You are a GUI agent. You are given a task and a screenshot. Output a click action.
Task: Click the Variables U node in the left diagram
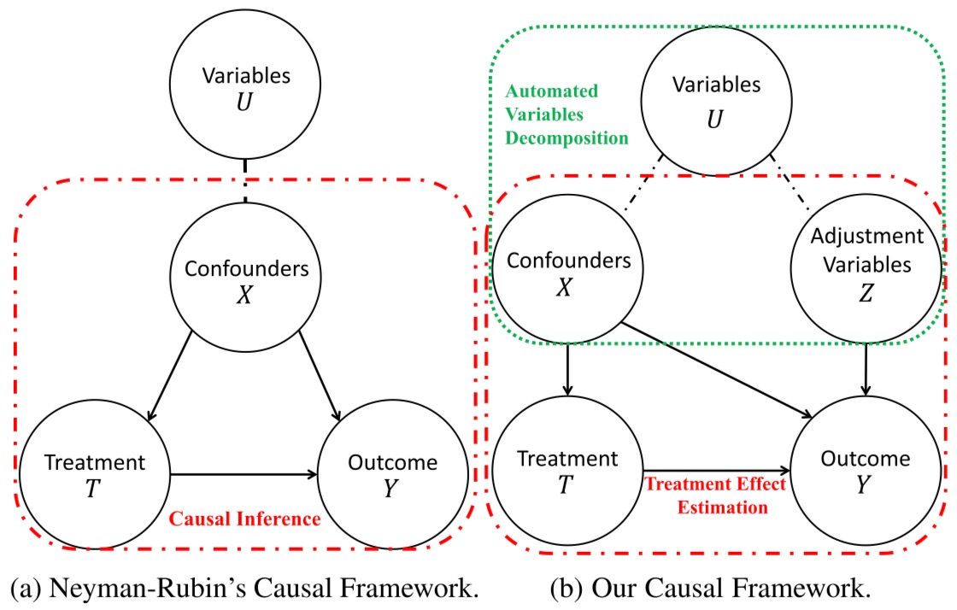tap(245, 87)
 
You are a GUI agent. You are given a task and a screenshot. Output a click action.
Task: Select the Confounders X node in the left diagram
tap(245, 280)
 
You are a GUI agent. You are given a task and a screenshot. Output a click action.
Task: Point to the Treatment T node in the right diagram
tap(567, 470)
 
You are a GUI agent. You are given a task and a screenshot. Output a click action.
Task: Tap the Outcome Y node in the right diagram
tap(866, 470)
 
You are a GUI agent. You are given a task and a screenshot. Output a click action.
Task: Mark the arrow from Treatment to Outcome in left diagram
tap(244, 474)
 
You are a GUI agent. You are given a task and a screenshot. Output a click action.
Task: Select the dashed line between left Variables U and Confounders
tap(245, 180)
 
